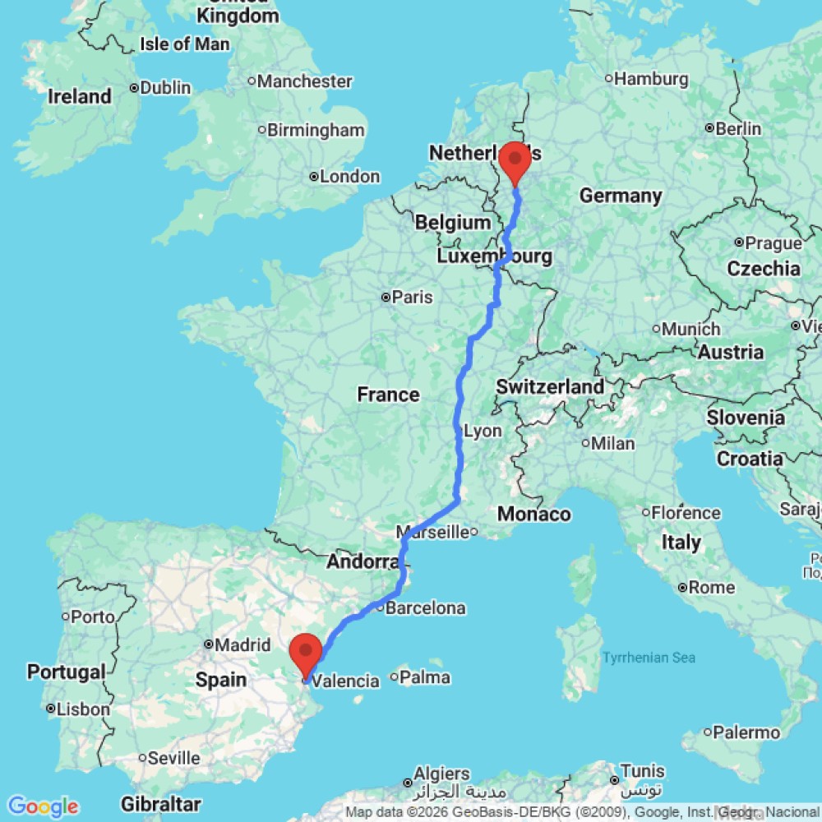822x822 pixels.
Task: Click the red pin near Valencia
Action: (307, 651)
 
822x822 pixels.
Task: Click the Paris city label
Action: (412, 298)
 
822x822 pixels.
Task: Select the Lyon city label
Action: (483, 431)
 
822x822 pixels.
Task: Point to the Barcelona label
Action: (425, 608)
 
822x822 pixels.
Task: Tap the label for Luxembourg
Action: (493, 256)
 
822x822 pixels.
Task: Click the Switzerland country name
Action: (550, 386)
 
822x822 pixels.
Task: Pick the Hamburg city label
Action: (650, 79)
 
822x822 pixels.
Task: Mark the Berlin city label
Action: (738, 129)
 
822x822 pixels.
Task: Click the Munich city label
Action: (690, 329)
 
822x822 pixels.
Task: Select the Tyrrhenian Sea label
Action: (649, 657)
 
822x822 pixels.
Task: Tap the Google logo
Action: (42, 806)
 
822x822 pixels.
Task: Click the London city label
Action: (349, 177)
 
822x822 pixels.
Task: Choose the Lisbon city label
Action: (83, 709)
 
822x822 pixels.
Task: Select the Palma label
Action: (426, 677)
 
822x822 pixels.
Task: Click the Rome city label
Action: (712, 588)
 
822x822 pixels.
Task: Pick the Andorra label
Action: (363, 562)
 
